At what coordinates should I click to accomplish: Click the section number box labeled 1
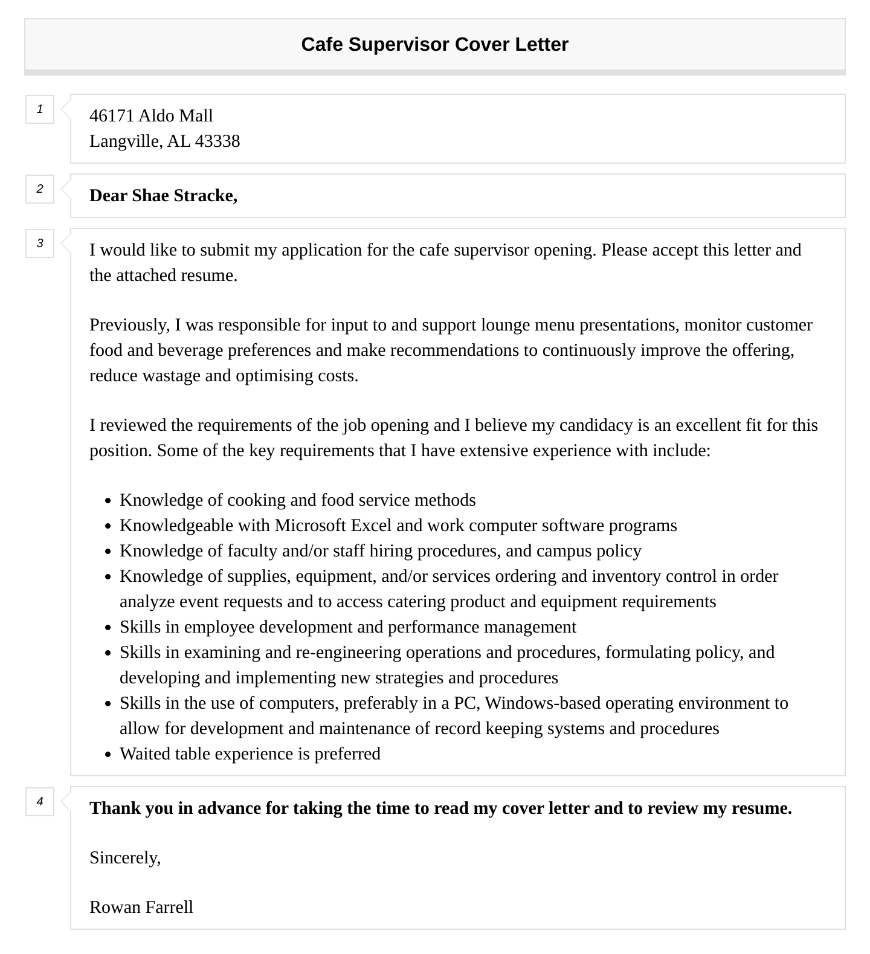[x=40, y=109]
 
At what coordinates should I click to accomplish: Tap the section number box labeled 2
[x=40, y=189]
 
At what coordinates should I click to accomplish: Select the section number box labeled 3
[x=40, y=243]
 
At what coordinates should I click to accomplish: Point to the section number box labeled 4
[x=40, y=802]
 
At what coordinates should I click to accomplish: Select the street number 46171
[x=112, y=115]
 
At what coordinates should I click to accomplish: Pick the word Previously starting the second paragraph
[x=129, y=324]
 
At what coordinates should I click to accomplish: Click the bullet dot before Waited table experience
[x=108, y=755]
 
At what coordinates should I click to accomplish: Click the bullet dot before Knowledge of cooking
[x=108, y=501]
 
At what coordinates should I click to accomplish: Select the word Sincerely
[x=124, y=857]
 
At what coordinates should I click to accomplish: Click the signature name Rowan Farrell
[x=141, y=907]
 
